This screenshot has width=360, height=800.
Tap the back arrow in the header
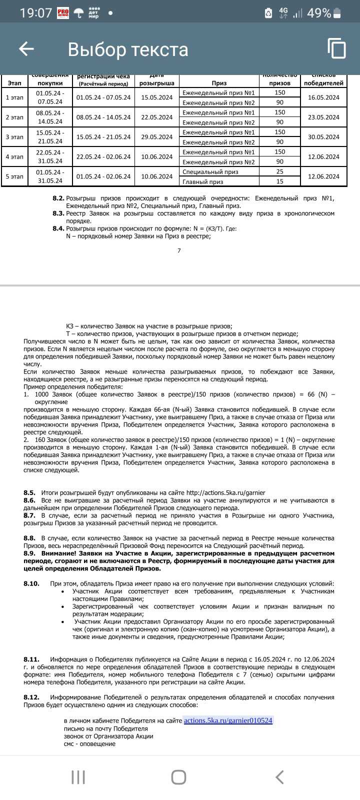26,48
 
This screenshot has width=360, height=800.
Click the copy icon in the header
336,48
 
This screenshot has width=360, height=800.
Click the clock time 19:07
36,13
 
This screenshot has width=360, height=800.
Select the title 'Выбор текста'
128,49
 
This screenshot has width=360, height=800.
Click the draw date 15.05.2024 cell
156,97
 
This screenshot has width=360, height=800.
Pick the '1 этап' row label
14,97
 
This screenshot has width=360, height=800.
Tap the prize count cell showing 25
280,171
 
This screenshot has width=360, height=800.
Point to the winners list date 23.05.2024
323,117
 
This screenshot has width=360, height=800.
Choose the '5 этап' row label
14,176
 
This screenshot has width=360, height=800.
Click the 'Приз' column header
219,83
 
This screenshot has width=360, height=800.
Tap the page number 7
179,250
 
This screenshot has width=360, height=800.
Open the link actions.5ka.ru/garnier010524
228,720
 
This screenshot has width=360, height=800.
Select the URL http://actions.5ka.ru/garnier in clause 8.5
225,492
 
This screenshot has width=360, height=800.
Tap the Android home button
178,777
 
